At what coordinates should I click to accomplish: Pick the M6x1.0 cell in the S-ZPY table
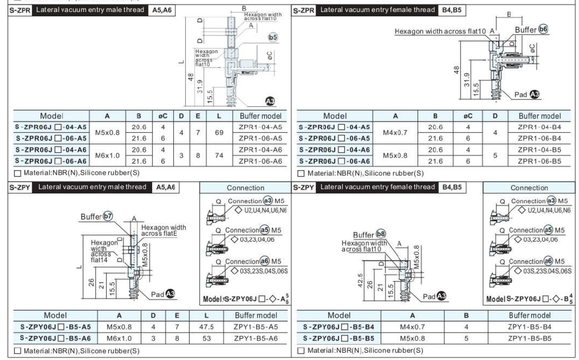coord(120,338)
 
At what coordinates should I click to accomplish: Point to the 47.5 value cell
coord(207,327)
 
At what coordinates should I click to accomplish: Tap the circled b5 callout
coord(272,38)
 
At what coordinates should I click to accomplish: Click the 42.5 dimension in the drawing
coord(360,281)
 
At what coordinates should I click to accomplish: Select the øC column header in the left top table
coord(157,116)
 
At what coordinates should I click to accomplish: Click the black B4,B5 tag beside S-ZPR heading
coord(451,9)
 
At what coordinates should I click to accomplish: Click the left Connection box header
coord(245,188)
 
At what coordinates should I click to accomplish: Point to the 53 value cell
coord(207,338)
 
